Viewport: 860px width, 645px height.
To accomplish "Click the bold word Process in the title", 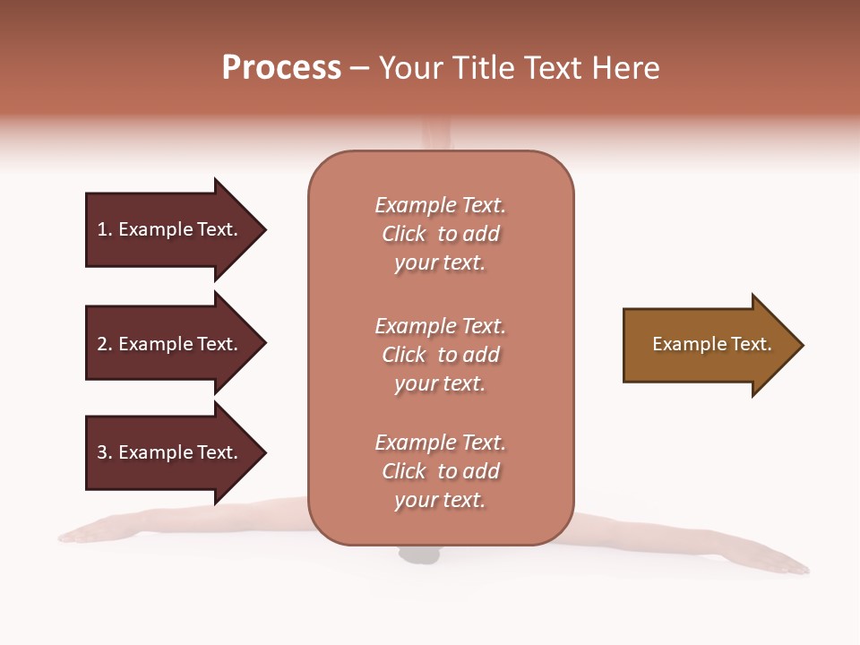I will pos(281,68).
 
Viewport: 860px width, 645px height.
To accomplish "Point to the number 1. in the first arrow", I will pos(105,230).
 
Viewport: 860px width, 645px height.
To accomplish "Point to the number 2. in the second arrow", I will pos(105,344).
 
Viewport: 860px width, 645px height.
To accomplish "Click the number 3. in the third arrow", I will pos(105,452).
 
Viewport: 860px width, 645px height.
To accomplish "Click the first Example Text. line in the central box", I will pos(440,205).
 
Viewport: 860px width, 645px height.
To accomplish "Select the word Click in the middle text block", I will pos(403,355).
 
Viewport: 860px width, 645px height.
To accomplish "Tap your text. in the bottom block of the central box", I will pos(440,500).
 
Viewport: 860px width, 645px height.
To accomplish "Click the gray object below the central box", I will pos(420,555).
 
